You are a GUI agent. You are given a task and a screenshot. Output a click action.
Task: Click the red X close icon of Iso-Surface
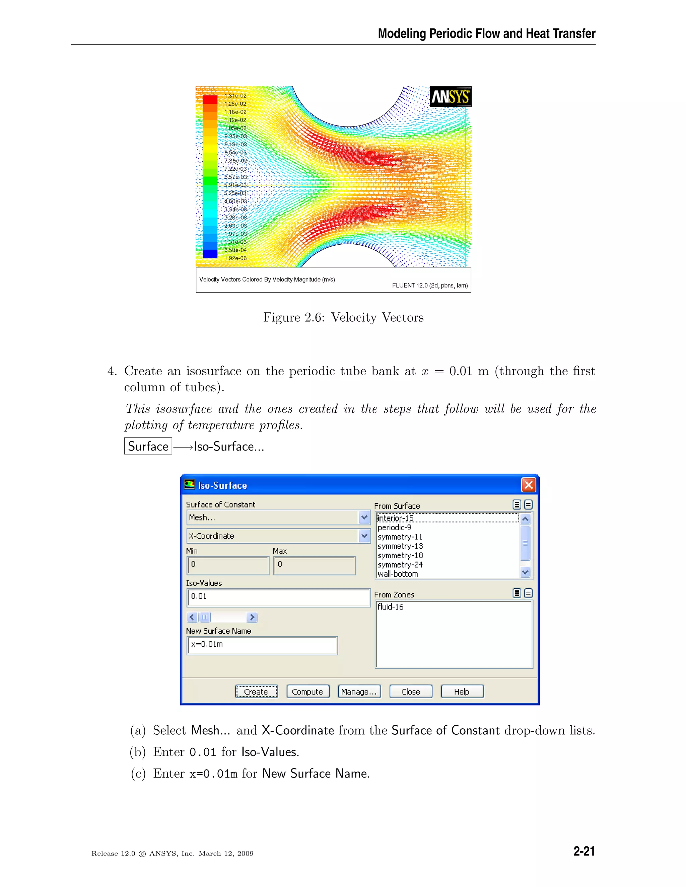click(528, 485)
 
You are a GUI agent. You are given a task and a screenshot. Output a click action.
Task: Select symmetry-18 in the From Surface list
click(400, 555)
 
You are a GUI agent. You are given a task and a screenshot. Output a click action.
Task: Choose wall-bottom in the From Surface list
click(398, 574)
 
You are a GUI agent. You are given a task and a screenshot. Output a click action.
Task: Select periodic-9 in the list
click(394, 527)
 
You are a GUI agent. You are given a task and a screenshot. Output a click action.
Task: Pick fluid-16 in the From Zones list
click(391, 607)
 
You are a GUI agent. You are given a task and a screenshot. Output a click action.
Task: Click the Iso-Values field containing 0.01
click(278, 596)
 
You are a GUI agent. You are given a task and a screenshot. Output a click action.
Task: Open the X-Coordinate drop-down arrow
click(364, 536)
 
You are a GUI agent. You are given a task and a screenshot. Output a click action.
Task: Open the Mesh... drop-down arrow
click(364, 517)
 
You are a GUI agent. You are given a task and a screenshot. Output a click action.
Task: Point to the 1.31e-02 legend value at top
click(235, 96)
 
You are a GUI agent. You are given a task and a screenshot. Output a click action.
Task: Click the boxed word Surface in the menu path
click(148, 446)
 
